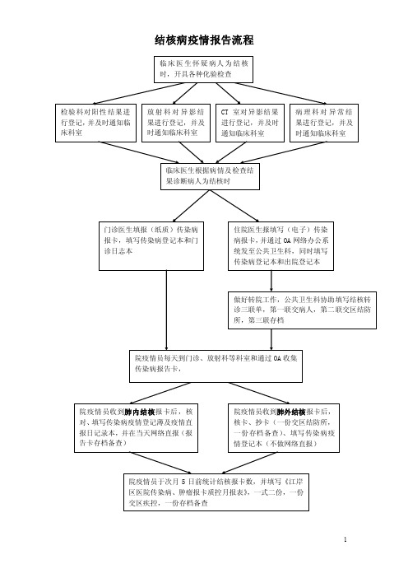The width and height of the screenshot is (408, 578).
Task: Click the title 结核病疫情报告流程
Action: (204, 40)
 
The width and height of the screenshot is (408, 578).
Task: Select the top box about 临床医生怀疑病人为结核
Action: (203, 69)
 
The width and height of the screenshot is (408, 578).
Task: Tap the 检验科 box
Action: (95, 123)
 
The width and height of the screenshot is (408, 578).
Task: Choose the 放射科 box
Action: (176, 123)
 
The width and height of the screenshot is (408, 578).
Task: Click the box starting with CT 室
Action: (250, 123)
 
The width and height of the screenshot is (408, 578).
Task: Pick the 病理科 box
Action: (324, 123)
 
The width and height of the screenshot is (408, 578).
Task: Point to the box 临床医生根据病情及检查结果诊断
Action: (210, 176)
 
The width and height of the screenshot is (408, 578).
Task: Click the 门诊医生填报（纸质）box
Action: (151, 246)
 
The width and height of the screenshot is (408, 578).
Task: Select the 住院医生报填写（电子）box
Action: (281, 246)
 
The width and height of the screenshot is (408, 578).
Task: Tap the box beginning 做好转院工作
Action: (303, 310)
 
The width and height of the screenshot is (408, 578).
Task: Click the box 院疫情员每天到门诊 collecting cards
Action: (216, 366)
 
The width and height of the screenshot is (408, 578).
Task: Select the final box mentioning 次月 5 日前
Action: (216, 492)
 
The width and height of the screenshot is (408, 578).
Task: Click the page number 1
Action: (345, 539)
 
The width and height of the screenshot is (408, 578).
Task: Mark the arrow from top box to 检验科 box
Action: (138, 94)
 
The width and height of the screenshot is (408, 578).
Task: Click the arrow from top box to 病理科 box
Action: (281, 94)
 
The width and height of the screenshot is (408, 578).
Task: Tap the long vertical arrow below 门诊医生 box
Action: (166, 310)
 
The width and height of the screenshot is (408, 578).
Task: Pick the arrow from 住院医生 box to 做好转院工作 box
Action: (271, 281)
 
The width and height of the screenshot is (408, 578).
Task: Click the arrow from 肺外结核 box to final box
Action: (249, 463)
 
